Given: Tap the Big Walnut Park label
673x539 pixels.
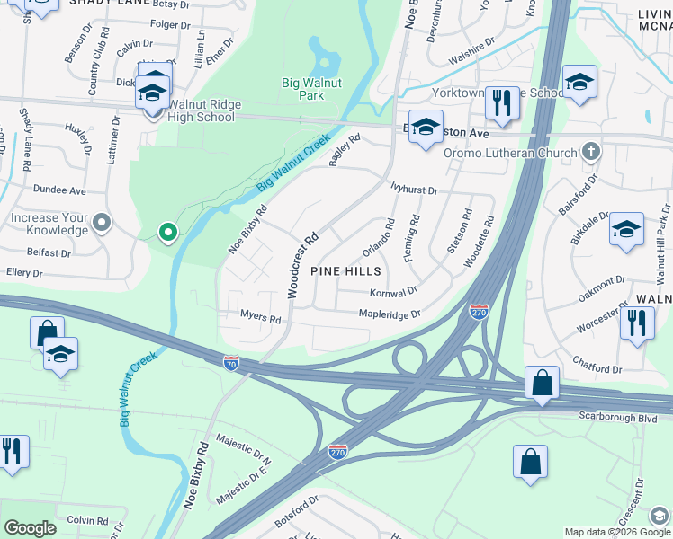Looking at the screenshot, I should click(x=302, y=89).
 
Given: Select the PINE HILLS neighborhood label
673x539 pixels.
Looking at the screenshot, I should click(x=345, y=270).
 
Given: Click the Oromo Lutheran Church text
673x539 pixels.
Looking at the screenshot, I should click(x=510, y=153).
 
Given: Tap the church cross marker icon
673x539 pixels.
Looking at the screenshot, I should click(x=591, y=151).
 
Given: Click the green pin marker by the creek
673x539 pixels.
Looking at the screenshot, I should click(x=167, y=234).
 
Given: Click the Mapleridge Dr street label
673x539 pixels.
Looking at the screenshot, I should click(x=390, y=314).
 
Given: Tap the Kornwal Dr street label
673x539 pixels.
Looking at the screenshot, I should click(x=394, y=292).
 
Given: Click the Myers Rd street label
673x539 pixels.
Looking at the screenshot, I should click(x=261, y=318).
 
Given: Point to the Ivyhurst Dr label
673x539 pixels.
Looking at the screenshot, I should click(x=413, y=190).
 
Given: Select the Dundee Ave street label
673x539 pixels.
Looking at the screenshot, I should click(x=59, y=190).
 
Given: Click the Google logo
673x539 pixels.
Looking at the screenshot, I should click(x=30, y=528).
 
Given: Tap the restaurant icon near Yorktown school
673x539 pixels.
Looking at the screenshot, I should click(x=502, y=103).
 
